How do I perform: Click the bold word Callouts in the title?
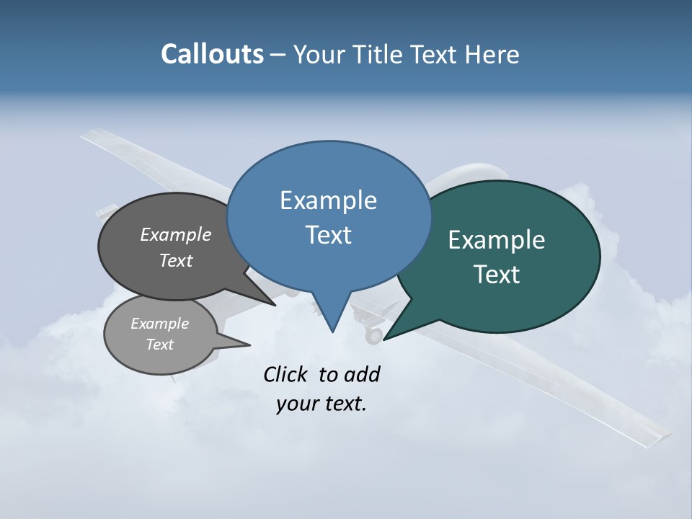click(x=212, y=54)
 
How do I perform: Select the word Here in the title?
click(x=492, y=54)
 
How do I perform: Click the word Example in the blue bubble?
click(x=328, y=200)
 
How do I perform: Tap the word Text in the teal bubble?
click(x=497, y=275)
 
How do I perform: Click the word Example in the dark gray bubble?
click(x=176, y=234)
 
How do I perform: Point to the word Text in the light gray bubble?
click(x=160, y=345)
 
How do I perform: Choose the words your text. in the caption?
click(x=321, y=404)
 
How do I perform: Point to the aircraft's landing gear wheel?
click(x=373, y=335)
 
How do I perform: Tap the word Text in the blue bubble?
click(x=328, y=235)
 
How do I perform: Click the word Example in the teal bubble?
click(x=497, y=240)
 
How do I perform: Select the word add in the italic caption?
click(x=362, y=374)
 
